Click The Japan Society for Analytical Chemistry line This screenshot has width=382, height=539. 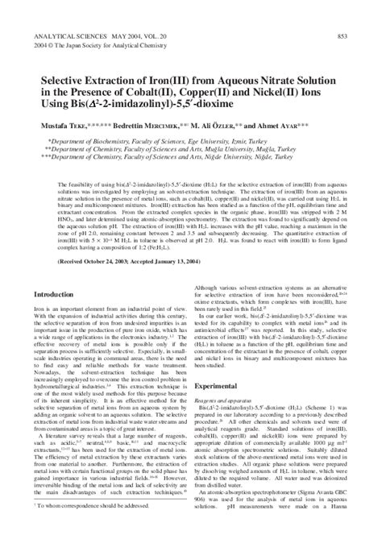coord(104,45)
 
